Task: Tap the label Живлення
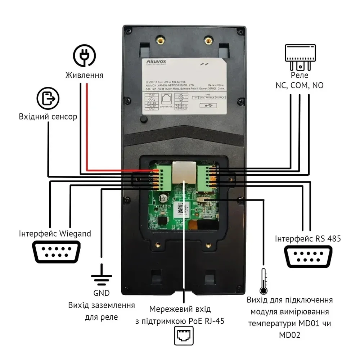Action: coord(84,75)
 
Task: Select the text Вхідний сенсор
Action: coord(48,117)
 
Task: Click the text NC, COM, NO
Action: coord(300,85)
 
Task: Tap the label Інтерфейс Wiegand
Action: coord(55,234)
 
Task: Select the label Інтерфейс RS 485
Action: coord(307,239)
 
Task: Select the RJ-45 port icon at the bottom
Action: coord(184,336)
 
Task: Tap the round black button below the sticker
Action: coord(144,119)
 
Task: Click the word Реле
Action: coord(300,75)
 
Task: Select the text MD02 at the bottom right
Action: coord(289,335)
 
